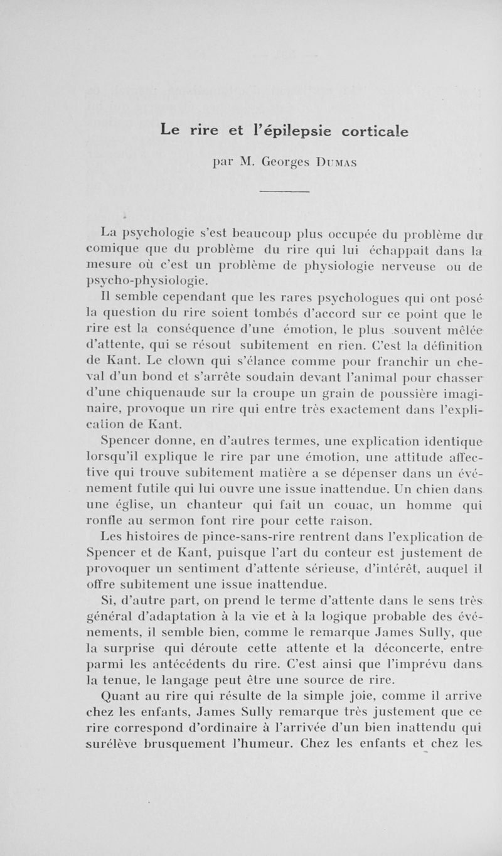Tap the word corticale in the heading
click(375, 132)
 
